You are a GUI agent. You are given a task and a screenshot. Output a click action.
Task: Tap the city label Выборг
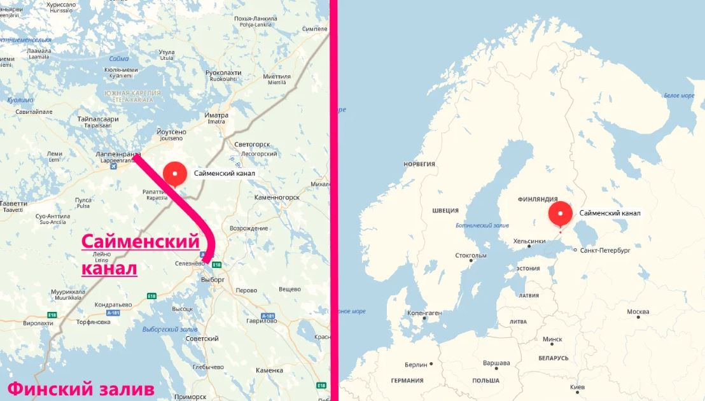(213, 279)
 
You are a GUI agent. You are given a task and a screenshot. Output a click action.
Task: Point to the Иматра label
(216, 115)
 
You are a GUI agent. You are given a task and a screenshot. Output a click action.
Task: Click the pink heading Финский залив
(80, 388)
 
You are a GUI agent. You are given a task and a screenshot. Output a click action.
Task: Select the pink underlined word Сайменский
(141, 243)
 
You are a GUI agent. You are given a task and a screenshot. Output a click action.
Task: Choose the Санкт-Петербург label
(605, 251)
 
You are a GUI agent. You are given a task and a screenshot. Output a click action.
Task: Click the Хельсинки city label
(529, 241)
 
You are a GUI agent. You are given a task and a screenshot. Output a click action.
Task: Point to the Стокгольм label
(471, 256)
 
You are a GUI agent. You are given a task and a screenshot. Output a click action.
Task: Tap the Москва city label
(638, 312)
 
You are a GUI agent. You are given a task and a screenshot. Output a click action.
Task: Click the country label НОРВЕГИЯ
(419, 164)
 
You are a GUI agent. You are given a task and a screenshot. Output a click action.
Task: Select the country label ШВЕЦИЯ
(445, 210)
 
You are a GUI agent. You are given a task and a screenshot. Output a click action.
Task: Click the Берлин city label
(417, 365)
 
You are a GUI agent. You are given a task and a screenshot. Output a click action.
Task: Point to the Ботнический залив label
(483, 225)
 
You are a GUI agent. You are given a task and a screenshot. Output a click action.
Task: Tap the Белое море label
(679, 95)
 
